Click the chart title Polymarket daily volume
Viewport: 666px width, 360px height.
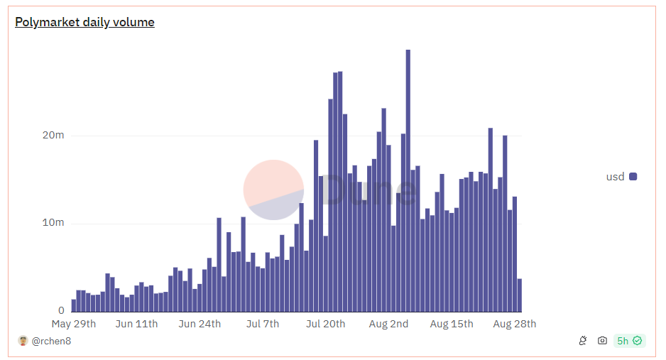click(84, 22)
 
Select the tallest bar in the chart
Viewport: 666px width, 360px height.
click(408, 180)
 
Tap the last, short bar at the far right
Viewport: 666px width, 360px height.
click(520, 295)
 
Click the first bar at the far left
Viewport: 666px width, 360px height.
click(73, 305)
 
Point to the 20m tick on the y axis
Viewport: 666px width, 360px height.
click(54, 135)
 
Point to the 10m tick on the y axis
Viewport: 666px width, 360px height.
click(54, 222)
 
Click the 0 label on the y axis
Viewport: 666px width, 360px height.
click(61, 310)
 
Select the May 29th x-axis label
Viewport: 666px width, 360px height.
click(74, 324)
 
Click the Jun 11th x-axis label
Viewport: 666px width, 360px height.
click(136, 324)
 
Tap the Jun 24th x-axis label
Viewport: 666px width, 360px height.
click(200, 324)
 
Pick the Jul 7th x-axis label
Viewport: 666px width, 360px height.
click(262, 324)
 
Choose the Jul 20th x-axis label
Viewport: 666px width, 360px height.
click(325, 324)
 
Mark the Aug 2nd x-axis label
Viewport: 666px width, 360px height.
click(388, 324)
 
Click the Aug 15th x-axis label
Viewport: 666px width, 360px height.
click(452, 324)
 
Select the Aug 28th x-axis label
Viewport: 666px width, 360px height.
click(514, 324)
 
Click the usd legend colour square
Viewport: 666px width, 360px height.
click(633, 176)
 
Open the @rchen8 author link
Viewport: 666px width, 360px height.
click(51, 341)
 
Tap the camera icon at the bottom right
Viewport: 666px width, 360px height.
click(602, 341)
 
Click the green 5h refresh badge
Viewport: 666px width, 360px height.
click(629, 341)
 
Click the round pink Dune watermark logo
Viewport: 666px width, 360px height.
click(273, 190)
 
